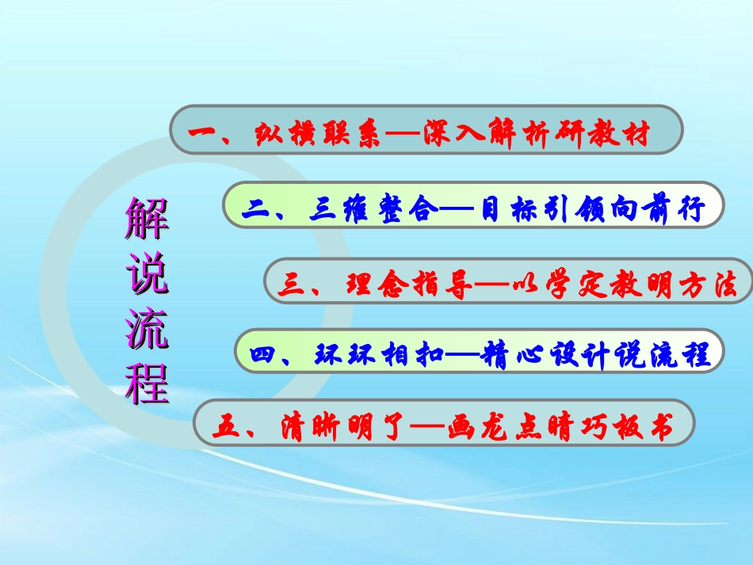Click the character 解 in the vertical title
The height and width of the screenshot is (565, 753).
[x=147, y=220]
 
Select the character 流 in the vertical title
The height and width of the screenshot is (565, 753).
[x=147, y=329]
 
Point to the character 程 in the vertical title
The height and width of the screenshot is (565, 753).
[x=147, y=383]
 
